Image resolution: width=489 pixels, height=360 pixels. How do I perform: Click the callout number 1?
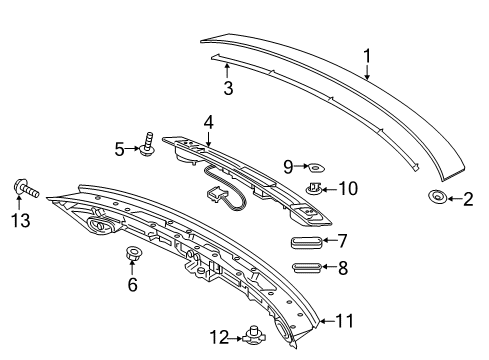tap(367, 56)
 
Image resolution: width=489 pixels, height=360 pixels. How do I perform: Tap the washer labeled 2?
tap(437, 196)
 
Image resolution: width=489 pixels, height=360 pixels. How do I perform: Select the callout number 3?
tap(228, 88)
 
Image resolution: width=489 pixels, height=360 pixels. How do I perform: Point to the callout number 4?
tap(208, 123)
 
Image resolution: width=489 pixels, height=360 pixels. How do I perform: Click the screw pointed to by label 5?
tap(148, 144)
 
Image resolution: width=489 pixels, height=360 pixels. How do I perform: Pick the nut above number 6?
tap(133, 253)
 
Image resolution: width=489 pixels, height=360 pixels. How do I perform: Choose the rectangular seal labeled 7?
tap(307, 242)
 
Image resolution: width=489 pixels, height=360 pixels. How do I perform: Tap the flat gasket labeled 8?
tap(307, 267)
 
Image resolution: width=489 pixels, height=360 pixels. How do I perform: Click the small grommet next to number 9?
tap(316, 167)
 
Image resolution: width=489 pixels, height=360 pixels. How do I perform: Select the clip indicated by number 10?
tap(314, 189)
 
